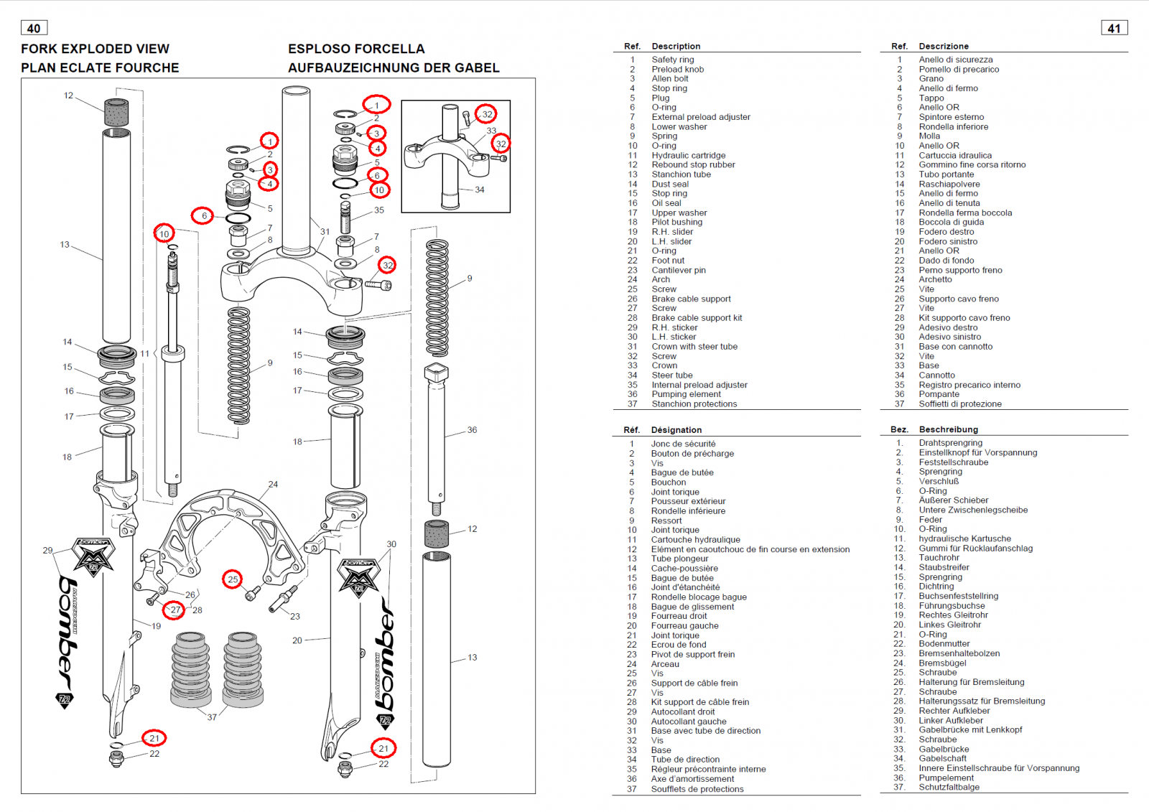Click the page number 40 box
point(34,28)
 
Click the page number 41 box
point(1114,28)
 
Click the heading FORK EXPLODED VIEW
point(95,49)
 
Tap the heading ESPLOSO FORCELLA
point(356,49)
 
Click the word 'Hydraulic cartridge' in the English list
point(688,155)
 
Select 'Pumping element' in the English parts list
point(686,394)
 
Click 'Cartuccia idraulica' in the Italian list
point(955,155)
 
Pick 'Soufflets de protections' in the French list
point(697,789)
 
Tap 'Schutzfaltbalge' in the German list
point(949,787)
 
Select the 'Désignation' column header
point(676,430)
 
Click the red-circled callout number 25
point(233,579)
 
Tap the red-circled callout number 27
point(175,610)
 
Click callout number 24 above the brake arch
point(273,485)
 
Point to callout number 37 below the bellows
point(212,717)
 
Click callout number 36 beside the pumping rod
point(472,430)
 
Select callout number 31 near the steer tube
point(325,232)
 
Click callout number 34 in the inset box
point(480,190)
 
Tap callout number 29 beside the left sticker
point(47,551)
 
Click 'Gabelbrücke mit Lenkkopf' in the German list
point(970,729)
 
